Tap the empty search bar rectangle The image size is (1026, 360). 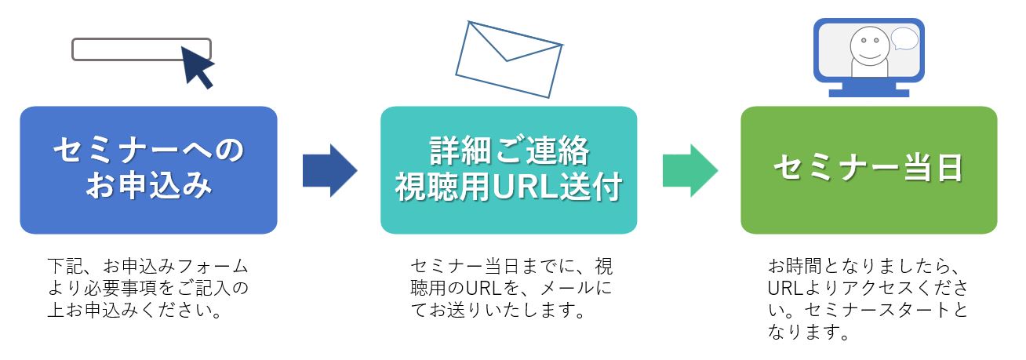coord(129,49)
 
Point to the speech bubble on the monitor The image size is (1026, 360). coord(904,38)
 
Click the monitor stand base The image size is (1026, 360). coord(868,93)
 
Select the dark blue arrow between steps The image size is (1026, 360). coord(329,170)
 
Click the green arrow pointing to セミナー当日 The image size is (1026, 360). coord(689,170)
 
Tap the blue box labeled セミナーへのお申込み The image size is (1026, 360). coord(148,170)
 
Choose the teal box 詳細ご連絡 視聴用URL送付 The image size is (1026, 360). coord(508,170)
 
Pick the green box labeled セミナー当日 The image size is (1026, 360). coord(868,170)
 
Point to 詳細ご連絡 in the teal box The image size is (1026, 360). coord(509,151)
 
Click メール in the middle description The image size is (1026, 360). coord(562,288)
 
